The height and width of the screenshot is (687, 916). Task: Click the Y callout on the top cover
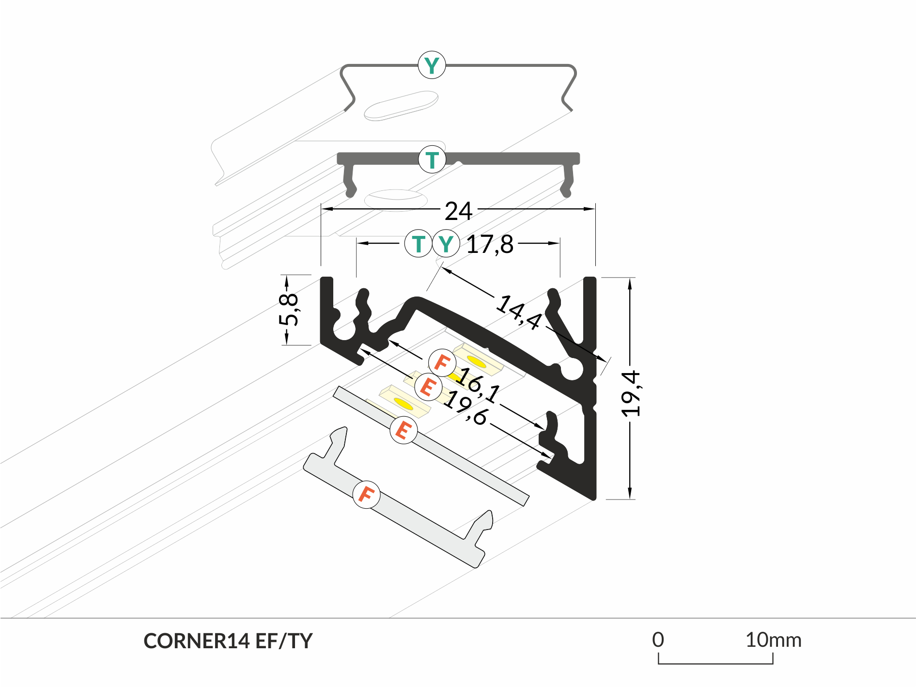(x=432, y=65)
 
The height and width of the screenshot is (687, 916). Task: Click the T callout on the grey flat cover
(x=432, y=159)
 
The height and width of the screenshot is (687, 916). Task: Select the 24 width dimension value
(x=458, y=211)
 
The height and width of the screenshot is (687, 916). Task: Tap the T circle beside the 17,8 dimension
(x=418, y=244)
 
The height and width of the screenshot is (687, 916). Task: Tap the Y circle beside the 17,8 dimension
(x=446, y=244)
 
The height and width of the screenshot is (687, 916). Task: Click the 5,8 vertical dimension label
(x=289, y=310)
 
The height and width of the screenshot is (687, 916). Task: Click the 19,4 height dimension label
(x=631, y=394)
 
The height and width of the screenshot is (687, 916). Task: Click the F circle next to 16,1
(x=442, y=362)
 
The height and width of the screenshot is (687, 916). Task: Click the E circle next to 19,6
(x=428, y=387)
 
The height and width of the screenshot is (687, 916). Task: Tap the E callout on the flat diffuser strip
(x=404, y=430)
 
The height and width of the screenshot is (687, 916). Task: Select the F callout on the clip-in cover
(x=366, y=495)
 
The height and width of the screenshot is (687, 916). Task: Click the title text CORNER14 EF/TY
(x=228, y=641)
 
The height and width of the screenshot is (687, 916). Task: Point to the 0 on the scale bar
(x=658, y=640)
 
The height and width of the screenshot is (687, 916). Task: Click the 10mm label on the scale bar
(x=773, y=640)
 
